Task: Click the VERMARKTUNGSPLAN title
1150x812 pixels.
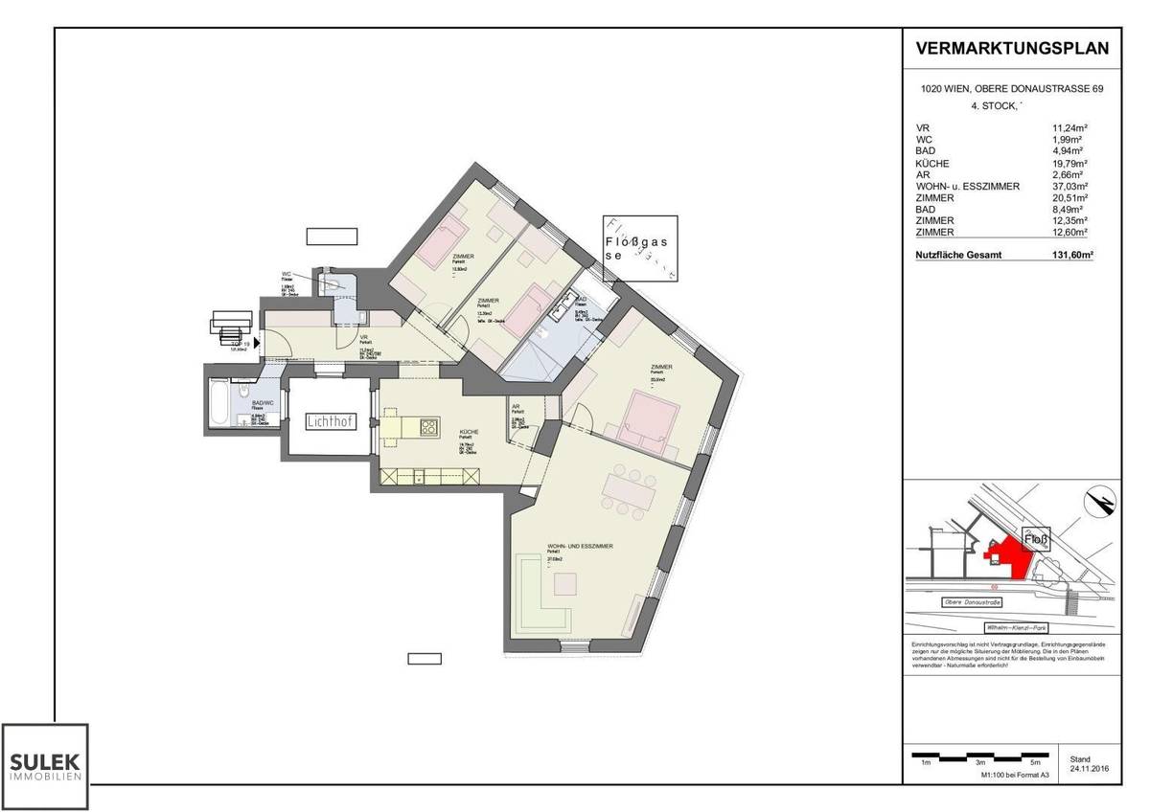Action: pos(1012,49)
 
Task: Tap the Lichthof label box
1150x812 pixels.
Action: pos(328,421)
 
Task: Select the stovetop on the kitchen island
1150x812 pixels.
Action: pos(427,427)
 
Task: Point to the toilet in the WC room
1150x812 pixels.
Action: pos(334,283)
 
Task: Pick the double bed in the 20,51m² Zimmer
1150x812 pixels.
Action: pos(652,420)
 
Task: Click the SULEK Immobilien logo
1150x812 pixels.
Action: pos(46,766)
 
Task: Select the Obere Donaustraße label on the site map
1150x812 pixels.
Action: pos(972,602)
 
